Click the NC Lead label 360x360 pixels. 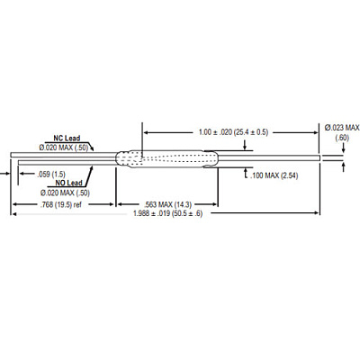67,138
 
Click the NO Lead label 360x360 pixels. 68,183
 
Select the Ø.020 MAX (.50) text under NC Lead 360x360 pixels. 64,148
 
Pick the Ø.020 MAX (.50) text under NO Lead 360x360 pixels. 65,193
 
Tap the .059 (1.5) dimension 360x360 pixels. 51,175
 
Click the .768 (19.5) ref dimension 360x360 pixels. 61,204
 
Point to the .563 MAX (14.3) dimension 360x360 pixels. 167,204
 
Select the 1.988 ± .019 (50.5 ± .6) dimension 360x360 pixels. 168,213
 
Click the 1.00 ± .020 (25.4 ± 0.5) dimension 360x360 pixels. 233,132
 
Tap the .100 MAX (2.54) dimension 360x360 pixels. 274,175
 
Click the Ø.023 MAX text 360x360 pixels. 342,128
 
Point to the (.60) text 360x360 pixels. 342,138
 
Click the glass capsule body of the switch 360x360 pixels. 167,158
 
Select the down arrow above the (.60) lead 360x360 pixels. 344,148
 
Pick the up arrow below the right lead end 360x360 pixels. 344,166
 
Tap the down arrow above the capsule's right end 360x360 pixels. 246,145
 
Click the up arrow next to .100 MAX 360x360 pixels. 246,173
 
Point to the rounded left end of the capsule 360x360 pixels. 120,158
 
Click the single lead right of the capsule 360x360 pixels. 269,158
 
